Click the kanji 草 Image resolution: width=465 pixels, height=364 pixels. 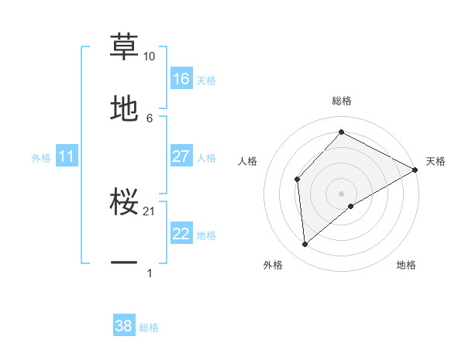pyautogui.click(x=124, y=46)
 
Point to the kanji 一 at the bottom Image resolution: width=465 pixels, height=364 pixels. pyautogui.click(x=124, y=263)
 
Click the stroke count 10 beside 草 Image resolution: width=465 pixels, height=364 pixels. pyautogui.click(x=149, y=57)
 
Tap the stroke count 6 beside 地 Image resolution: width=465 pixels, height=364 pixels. pyautogui.click(x=150, y=118)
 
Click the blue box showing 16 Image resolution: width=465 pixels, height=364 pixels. pyautogui.click(x=181, y=79)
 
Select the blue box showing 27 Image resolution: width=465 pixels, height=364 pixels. pyautogui.click(x=181, y=156)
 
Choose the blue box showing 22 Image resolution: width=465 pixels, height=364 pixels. pyautogui.click(x=181, y=234)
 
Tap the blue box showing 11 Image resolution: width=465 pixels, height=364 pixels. pyautogui.click(x=67, y=156)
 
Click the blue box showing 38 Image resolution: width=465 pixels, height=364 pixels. pyautogui.click(x=124, y=326)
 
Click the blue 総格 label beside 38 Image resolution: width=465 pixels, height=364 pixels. pyautogui.click(x=149, y=328)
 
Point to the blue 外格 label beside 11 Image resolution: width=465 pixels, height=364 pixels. pyautogui.click(x=41, y=158)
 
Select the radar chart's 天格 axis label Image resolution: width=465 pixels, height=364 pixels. pyautogui.click(x=436, y=161)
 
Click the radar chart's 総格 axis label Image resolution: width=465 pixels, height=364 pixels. pyautogui.click(x=342, y=101)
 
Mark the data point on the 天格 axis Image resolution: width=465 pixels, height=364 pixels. pyautogui.click(x=415, y=170)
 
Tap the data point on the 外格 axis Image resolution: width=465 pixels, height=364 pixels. pyautogui.click(x=305, y=245)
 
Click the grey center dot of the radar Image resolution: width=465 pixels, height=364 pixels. pyautogui.click(x=342, y=193)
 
